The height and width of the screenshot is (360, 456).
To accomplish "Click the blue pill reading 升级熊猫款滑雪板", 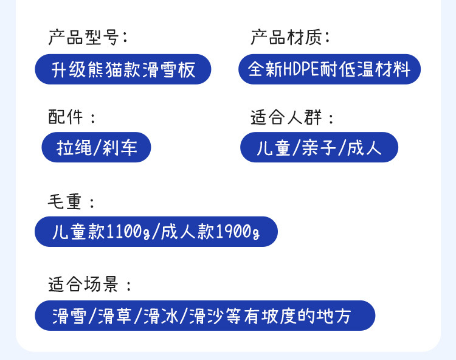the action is (x=123, y=69).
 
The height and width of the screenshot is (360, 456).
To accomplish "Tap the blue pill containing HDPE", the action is (x=329, y=69).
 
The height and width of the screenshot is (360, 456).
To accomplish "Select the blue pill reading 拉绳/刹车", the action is (x=96, y=147).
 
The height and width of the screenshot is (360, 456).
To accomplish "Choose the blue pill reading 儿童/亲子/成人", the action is (x=319, y=147).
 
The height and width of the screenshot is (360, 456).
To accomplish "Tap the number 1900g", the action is (x=238, y=232).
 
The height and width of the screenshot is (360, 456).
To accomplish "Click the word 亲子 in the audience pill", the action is (x=319, y=147).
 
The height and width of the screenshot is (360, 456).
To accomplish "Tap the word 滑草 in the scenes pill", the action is (x=114, y=316).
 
